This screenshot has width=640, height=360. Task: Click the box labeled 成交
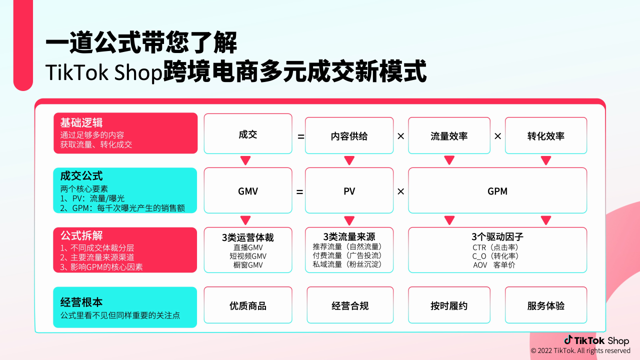[x=247, y=134]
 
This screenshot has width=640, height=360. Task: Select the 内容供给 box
[x=349, y=135]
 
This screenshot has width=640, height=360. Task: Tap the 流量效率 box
[x=449, y=135]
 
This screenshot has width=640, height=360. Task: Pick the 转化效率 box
[x=545, y=135]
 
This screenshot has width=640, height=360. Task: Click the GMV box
[x=247, y=191]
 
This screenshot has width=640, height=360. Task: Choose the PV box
[x=349, y=191]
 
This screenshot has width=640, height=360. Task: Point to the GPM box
[x=497, y=191]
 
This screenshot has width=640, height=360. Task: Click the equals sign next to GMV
[x=300, y=191]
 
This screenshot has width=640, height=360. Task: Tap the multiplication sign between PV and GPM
[x=400, y=191]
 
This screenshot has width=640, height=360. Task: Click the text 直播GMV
[x=248, y=247]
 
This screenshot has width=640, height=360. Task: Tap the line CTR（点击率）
[x=497, y=247]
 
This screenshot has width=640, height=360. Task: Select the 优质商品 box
[x=247, y=305]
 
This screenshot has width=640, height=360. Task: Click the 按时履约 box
[x=449, y=305]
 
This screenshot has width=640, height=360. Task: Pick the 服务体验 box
[x=545, y=305]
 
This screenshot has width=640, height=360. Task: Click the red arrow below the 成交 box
[x=245, y=160]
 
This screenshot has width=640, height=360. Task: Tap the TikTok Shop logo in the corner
[x=596, y=340]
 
